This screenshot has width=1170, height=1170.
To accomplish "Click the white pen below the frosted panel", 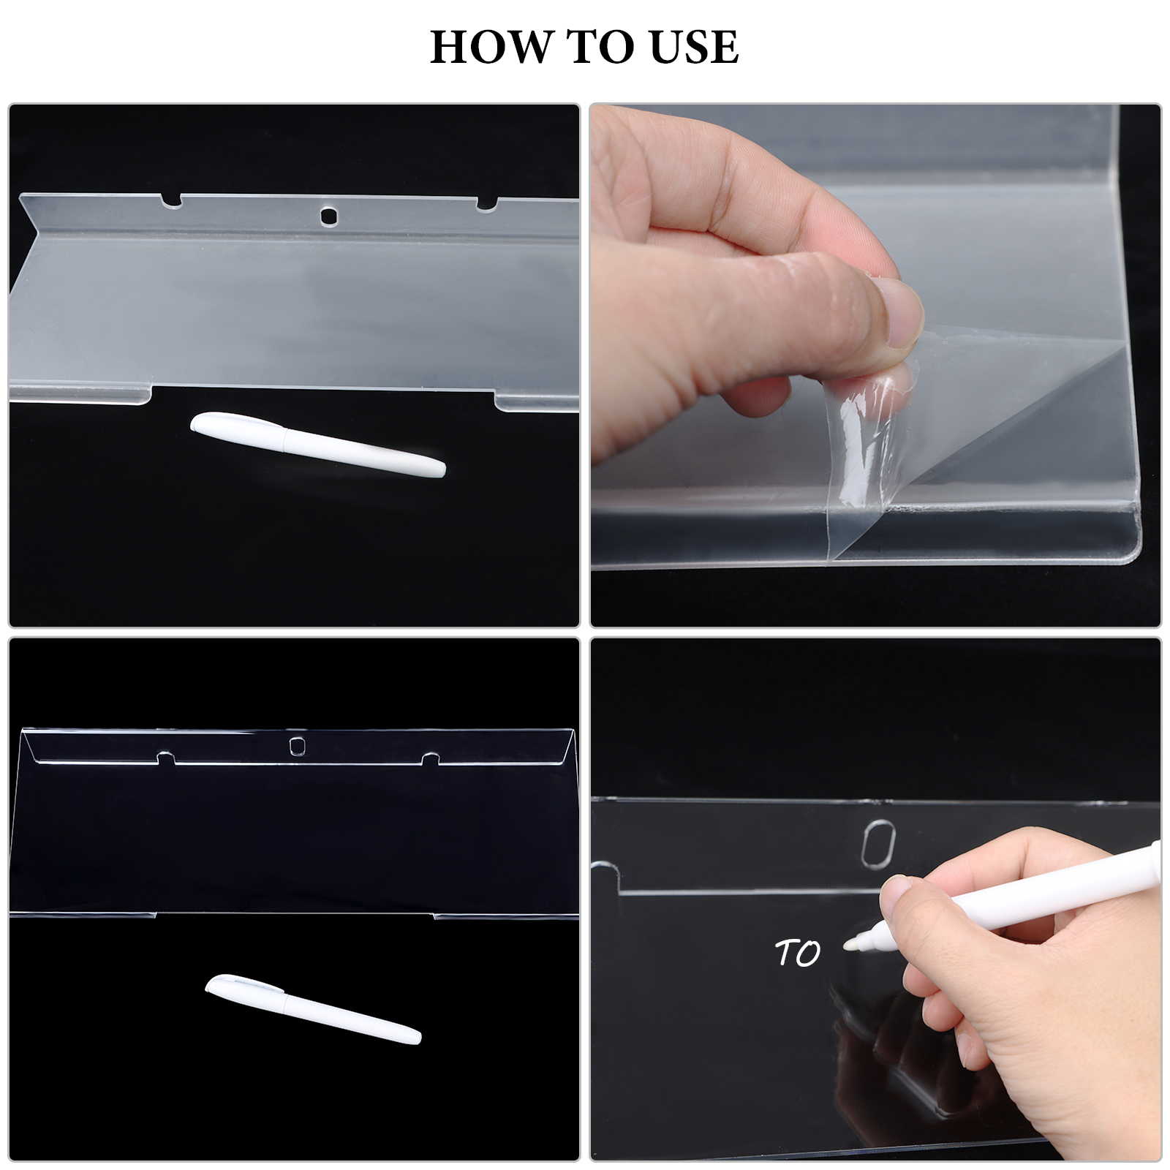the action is [318, 444].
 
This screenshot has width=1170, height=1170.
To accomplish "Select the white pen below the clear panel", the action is [313, 1008].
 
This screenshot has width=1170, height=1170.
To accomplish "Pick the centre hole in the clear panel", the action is [297, 746].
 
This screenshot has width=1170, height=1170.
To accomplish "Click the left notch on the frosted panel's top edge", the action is [171, 200].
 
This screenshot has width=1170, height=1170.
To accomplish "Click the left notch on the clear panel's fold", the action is [167, 758].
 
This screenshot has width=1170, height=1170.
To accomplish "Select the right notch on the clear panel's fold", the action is [431, 760].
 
